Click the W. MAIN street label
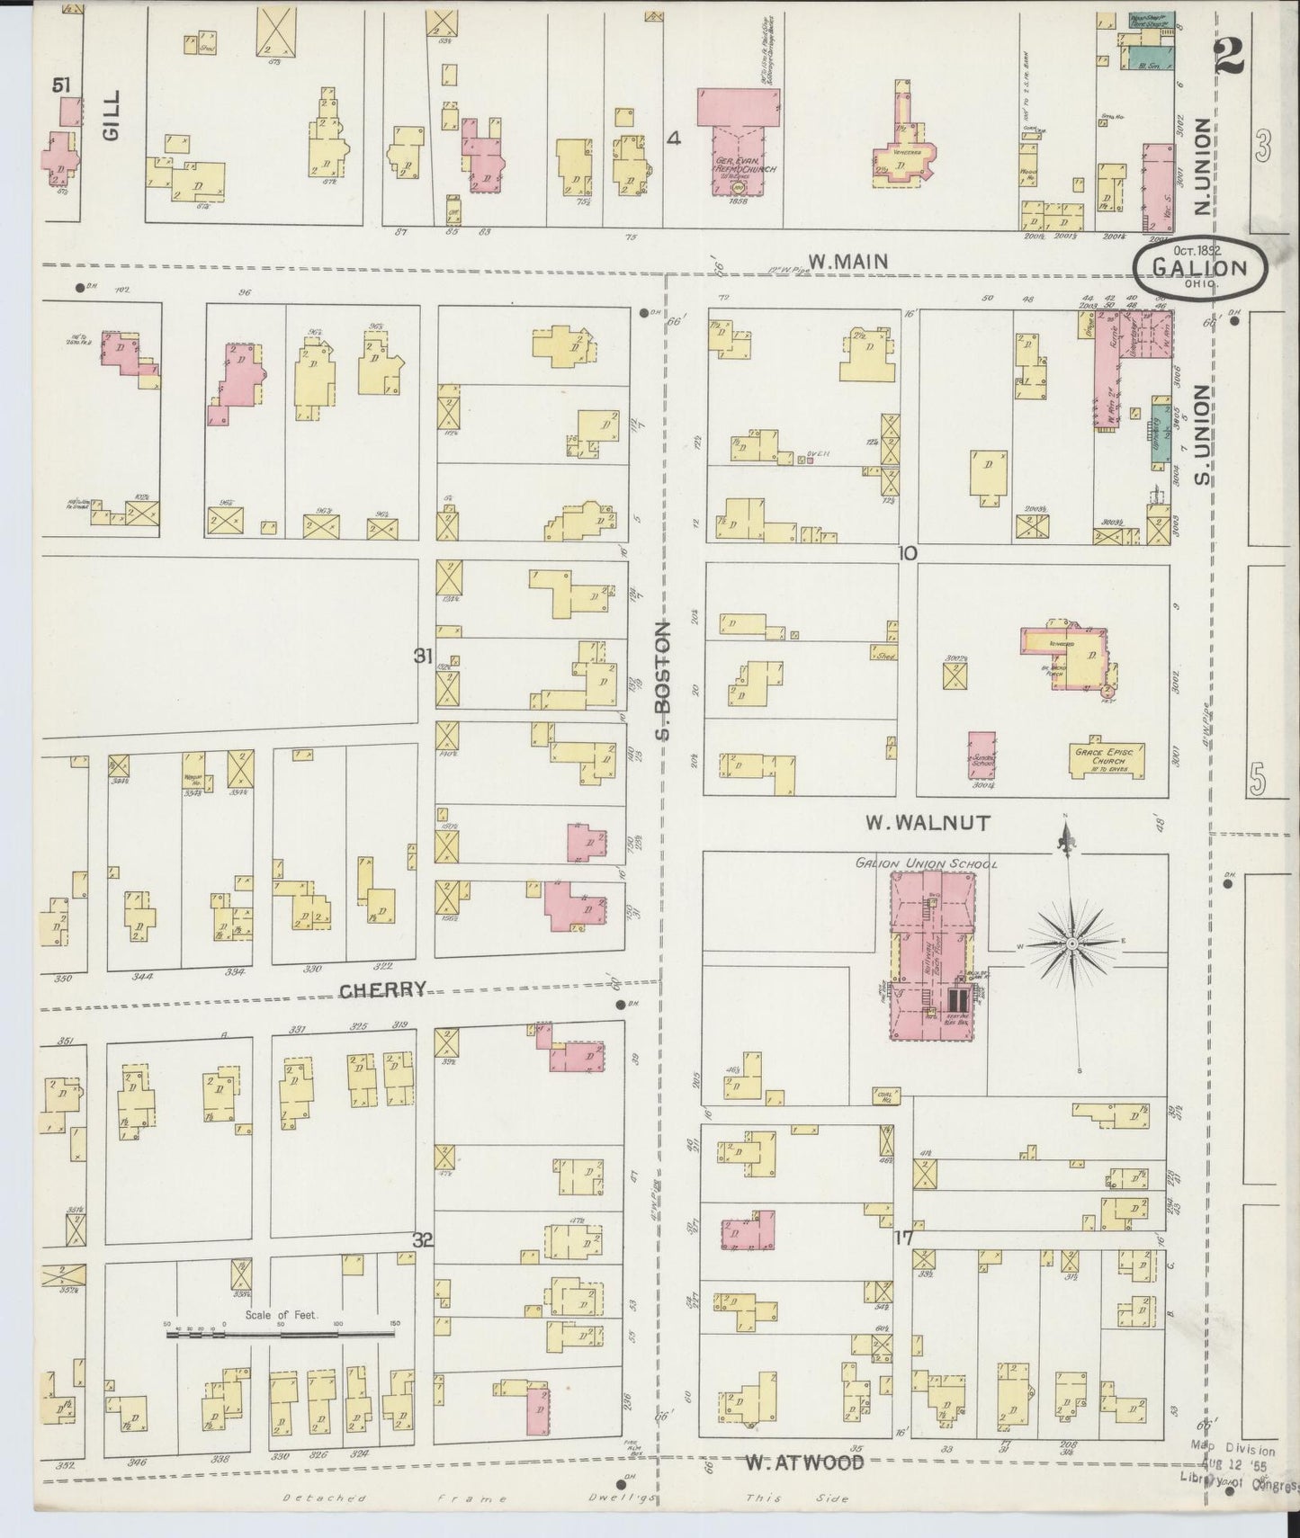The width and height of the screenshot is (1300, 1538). [x=847, y=261]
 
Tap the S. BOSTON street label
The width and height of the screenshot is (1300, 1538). [x=664, y=681]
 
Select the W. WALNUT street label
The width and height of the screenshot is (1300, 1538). [x=928, y=822]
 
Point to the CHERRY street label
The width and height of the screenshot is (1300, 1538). [x=382, y=990]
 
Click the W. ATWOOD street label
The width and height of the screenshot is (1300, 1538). [x=804, y=1463]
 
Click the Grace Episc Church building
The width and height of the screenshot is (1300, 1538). [x=1107, y=761]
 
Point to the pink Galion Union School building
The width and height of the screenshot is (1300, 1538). [x=932, y=957]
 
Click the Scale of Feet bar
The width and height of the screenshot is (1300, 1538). [x=280, y=1335]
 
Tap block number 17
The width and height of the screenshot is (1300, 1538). [x=903, y=1238]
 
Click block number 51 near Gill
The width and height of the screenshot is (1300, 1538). [x=61, y=85]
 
